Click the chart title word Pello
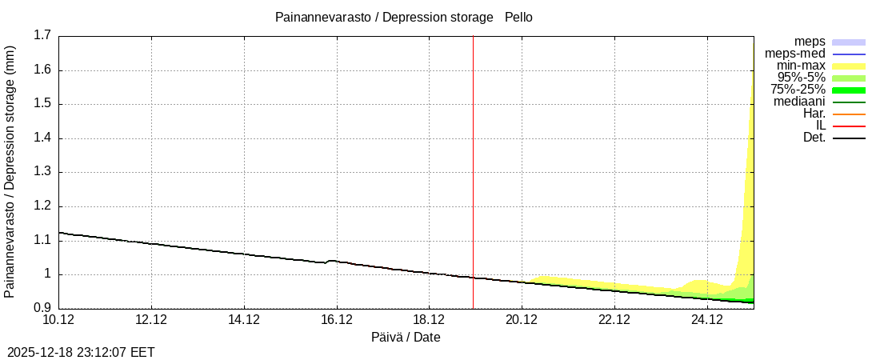click(x=518, y=17)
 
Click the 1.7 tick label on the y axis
click(x=42, y=35)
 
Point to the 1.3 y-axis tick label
click(x=42, y=172)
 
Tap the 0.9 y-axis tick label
click(x=42, y=309)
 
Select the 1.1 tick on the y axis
click(x=42, y=240)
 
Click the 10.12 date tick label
click(x=58, y=320)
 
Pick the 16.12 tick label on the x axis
click(x=337, y=320)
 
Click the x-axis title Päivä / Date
click(x=406, y=338)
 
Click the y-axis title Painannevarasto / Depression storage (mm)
click(x=10, y=172)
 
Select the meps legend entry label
click(x=810, y=42)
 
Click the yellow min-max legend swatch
click(x=849, y=66)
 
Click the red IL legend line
click(x=849, y=126)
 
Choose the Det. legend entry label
click(x=814, y=138)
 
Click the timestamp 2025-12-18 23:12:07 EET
click(x=81, y=352)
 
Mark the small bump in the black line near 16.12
click(x=331, y=261)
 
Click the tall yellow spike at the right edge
click(x=750, y=160)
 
